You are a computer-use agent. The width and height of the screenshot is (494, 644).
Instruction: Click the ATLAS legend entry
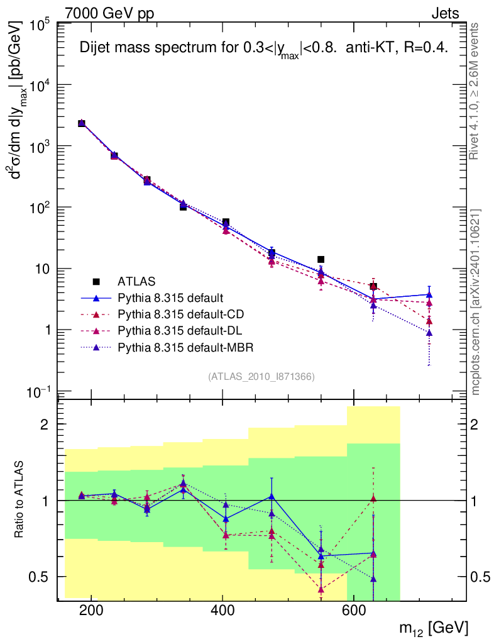coord(137,281)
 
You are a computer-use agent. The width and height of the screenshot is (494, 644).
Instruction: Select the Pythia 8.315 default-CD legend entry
coord(170,314)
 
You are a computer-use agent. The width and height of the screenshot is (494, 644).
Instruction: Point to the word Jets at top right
coord(445,13)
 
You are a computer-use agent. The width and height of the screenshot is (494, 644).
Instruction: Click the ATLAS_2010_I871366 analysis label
coord(261,377)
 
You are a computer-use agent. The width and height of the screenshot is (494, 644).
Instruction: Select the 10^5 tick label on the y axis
coord(38,25)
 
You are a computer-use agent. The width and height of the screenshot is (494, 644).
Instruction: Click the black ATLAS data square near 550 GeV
coord(321,259)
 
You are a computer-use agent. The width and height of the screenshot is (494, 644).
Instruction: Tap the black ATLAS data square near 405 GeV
coord(226,222)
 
